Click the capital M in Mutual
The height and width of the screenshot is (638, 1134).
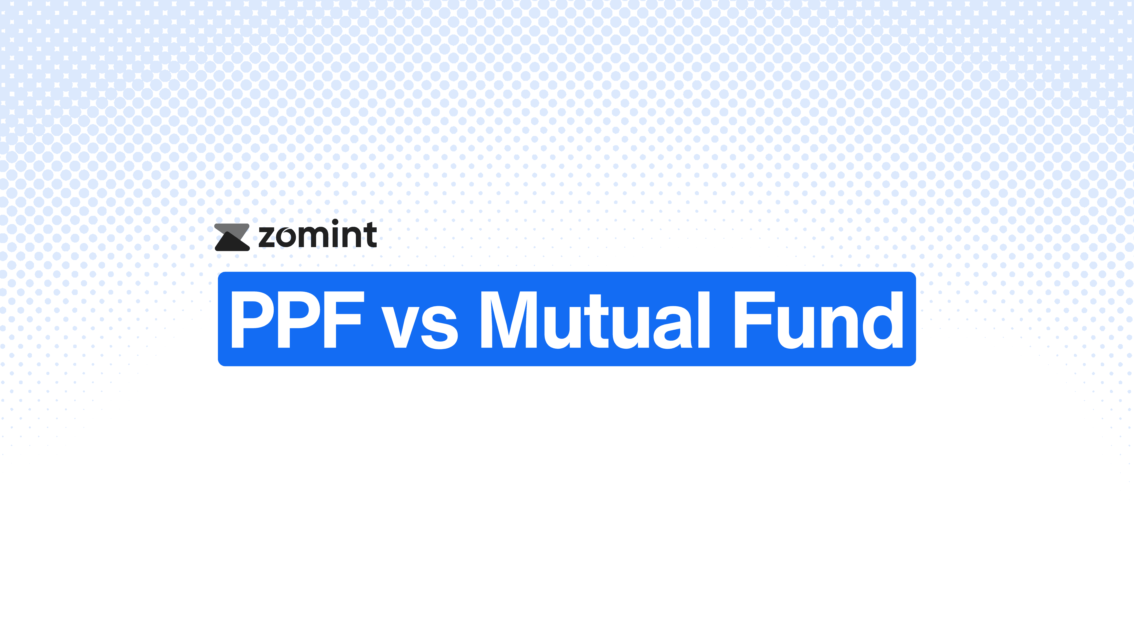[x=509, y=320]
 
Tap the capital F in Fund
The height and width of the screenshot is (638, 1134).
[x=753, y=320]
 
